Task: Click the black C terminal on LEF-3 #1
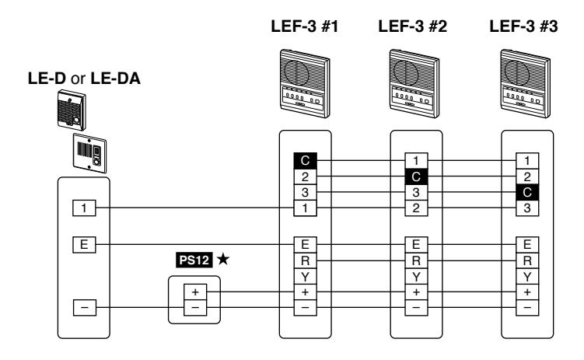[x=305, y=160]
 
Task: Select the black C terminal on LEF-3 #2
[x=416, y=177]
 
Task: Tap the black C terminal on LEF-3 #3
[x=527, y=192]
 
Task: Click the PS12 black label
[x=194, y=260]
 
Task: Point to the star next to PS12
[x=223, y=259]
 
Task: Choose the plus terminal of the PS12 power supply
[x=195, y=292]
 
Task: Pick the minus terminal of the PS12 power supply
[x=195, y=308]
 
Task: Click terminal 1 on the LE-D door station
[x=84, y=208]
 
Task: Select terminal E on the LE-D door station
[x=84, y=245]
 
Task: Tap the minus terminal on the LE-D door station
[x=85, y=307]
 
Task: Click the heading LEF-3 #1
[x=305, y=26]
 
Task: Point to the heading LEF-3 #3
[x=523, y=26]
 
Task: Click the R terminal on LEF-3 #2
[x=416, y=260]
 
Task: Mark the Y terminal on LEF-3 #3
[x=527, y=277]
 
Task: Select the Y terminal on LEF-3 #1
[x=305, y=277]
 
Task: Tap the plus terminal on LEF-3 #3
[x=527, y=292]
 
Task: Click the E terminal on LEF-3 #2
[x=416, y=245]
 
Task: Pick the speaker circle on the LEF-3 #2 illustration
[x=406, y=72]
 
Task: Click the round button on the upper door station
[x=76, y=121]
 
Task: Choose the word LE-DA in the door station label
[x=115, y=79]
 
